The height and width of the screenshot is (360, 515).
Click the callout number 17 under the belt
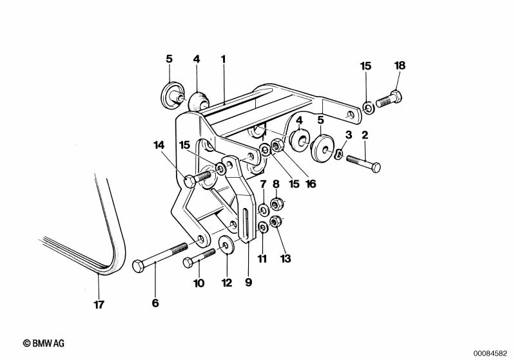pyautogui.click(x=99, y=305)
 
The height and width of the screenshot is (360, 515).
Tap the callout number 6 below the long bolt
pyautogui.click(x=155, y=303)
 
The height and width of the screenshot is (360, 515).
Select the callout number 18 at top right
pyautogui.click(x=400, y=65)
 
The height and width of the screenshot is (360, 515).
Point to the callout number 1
pyautogui.click(x=224, y=59)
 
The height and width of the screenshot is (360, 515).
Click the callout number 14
pyautogui.click(x=159, y=145)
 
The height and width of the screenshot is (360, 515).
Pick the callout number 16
pyautogui.click(x=311, y=184)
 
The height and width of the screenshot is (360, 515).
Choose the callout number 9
pyautogui.click(x=249, y=281)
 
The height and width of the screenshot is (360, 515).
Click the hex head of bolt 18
pyautogui.click(x=397, y=96)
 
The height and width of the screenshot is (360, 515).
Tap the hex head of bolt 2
pyautogui.click(x=375, y=167)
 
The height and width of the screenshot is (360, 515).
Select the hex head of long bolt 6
pyautogui.click(x=138, y=265)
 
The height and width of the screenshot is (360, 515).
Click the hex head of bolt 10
pyautogui.click(x=188, y=263)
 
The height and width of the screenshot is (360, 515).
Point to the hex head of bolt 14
pyautogui.click(x=189, y=181)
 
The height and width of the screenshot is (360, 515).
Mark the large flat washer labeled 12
pyautogui.click(x=226, y=245)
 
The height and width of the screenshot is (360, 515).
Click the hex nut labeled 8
pyautogui.click(x=277, y=204)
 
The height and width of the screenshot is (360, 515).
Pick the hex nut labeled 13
pyautogui.click(x=275, y=222)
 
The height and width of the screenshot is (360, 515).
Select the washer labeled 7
pyautogui.click(x=263, y=209)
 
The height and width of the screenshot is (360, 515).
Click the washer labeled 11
pyautogui.click(x=262, y=226)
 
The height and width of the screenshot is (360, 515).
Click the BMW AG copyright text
pyautogui.click(x=44, y=344)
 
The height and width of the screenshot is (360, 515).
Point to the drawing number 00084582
pyautogui.click(x=490, y=354)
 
